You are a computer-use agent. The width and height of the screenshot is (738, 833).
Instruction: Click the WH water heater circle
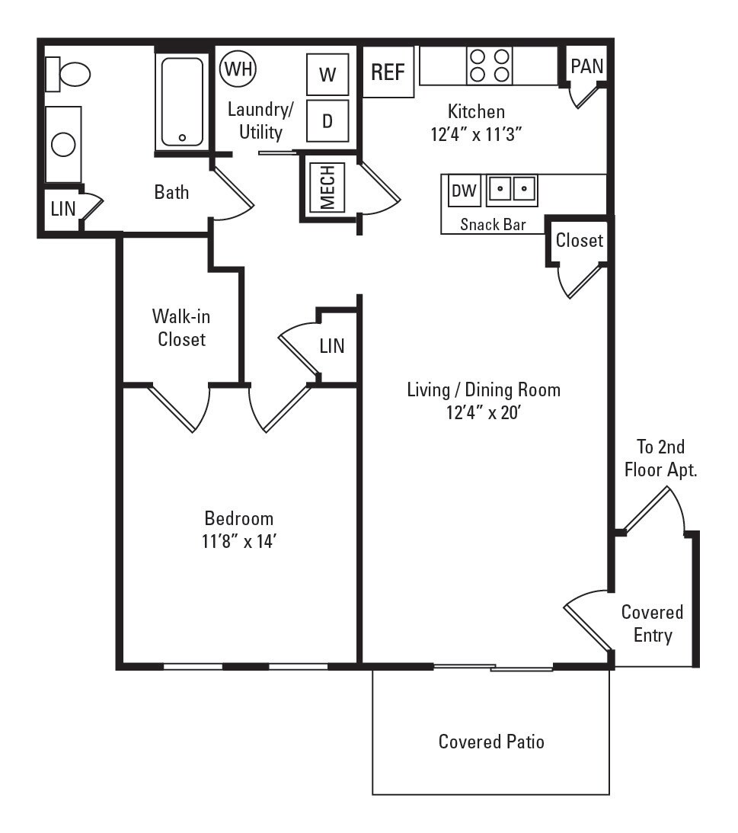pyautogui.click(x=238, y=70)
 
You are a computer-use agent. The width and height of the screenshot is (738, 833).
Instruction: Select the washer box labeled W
pyautogui.click(x=327, y=75)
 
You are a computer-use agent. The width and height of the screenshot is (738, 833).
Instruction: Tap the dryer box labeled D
pyautogui.click(x=327, y=120)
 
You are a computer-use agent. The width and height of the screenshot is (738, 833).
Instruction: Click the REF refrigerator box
pyautogui.click(x=388, y=72)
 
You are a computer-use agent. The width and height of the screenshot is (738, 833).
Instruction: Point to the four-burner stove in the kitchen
pyautogui.click(x=489, y=66)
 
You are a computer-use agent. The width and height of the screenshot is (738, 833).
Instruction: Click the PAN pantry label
pyautogui.click(x=586, y=66)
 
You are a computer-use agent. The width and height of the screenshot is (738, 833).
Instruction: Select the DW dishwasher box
pyautogui.click(x=464, y=191)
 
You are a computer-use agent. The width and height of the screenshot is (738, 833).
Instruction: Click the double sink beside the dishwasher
pyautogui.click(x=513, y=190)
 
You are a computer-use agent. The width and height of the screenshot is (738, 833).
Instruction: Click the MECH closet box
pyautogui.click(x=327, y=187)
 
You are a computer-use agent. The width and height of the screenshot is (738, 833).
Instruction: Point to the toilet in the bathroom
pyautogui.click(x=69, y=74)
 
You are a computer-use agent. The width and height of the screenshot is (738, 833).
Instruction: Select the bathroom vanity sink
pyautogui.click(x=63, y=145)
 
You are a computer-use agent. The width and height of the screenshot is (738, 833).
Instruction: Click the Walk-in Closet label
pyautogui.click(x=181, y=327)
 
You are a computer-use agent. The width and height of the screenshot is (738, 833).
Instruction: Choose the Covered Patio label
pyautogui.click(x=491, y=741)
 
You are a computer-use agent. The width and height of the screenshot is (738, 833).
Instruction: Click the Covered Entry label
pyautogui.click(x=652, y=623)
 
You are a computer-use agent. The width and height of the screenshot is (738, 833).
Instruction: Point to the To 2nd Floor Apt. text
pyautogui.click(x=660, y=458)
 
